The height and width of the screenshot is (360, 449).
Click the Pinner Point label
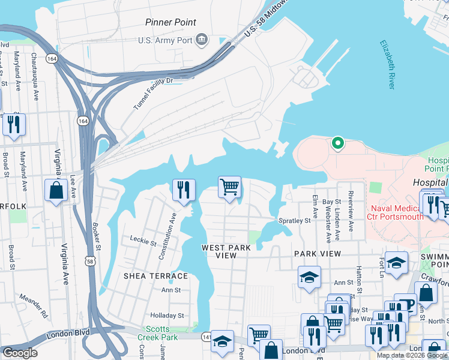[170, 22]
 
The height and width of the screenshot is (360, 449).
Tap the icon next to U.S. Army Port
[202, 40]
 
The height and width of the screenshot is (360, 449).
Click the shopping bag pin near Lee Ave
[56, 191]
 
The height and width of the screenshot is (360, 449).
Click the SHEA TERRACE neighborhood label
[155, 276]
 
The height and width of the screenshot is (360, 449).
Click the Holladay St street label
[167, 314]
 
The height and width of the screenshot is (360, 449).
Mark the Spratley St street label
[294, 221]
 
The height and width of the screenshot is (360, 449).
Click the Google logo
[20, 352]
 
